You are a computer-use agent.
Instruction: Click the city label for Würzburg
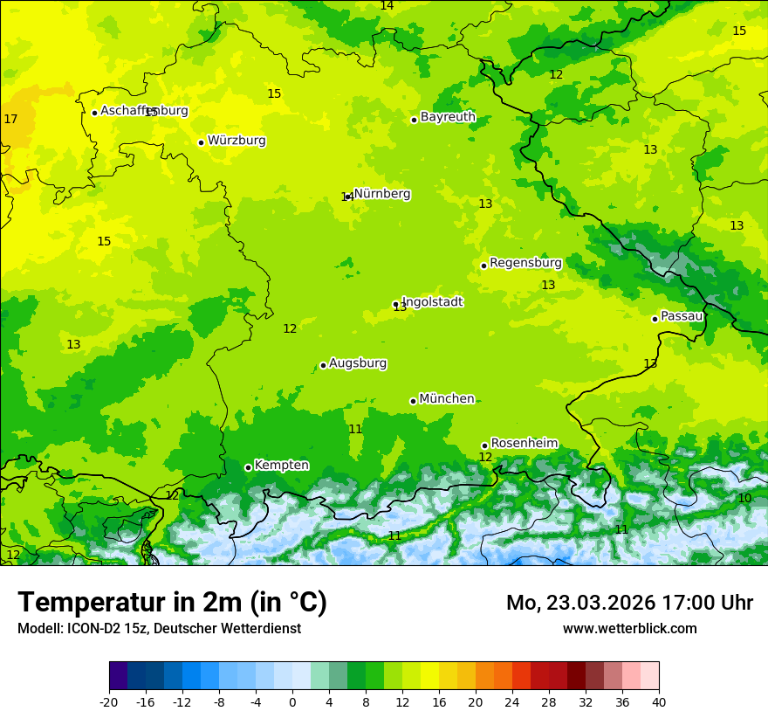click(237, 141)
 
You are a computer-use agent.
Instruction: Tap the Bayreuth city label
click(448, 117)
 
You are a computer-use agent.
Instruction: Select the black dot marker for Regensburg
click(483, 266)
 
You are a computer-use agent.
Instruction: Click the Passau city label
click(682, 316)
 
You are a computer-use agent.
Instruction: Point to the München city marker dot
click(413, 401)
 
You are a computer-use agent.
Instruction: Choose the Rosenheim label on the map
click(524, 444)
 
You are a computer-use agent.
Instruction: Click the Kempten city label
click(281, 466)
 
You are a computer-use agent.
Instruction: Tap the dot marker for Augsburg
click(323, 365)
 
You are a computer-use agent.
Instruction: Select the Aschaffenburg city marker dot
click(94, 113)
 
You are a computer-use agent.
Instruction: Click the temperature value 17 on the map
click(10, 119)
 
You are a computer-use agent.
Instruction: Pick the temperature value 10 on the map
click(744, 498)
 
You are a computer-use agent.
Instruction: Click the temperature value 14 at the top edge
click(387, 6)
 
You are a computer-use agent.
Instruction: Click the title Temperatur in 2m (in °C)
click(172, 603)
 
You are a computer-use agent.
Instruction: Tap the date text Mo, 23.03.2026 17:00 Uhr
click(629, 603)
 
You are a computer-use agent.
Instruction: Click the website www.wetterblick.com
click(629, 628)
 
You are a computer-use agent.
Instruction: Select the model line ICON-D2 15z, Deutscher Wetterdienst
click(159, 628)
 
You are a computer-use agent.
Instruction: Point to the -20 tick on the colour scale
click(109, 701)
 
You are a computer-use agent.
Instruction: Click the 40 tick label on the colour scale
click(659, 701)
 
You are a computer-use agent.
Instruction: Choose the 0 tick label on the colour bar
click(292, 701)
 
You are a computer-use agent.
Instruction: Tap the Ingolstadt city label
click(432, 302)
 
